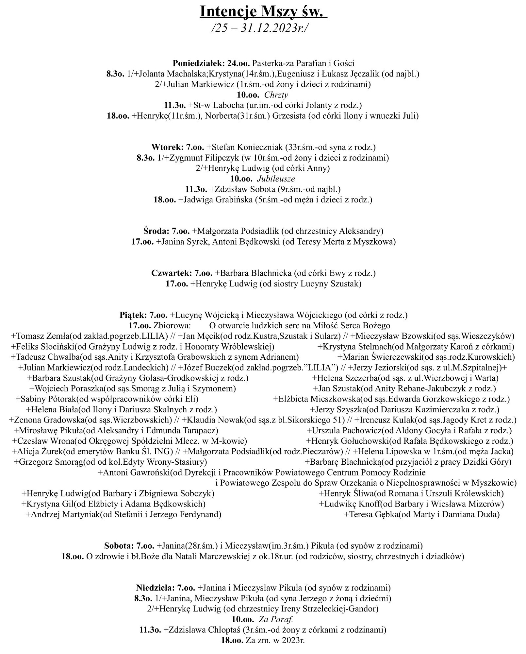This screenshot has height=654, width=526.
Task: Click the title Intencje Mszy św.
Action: tap(263, 12)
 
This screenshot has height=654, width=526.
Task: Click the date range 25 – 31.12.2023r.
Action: tap(260, 28)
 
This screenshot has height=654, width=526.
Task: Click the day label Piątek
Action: tap(133, 315)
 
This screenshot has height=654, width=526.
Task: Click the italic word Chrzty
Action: tap(276, 95)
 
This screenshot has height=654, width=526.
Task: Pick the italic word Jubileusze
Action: tap(276, 179)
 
